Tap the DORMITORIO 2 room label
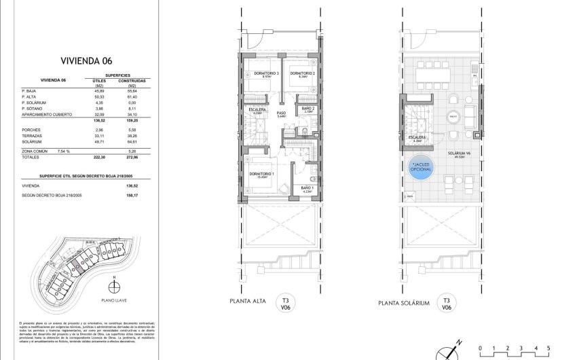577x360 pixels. pyautogui.click(x=300, y=73)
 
